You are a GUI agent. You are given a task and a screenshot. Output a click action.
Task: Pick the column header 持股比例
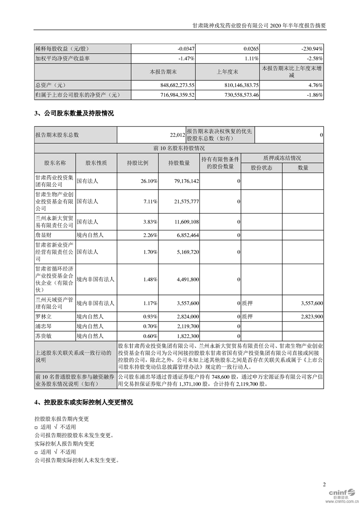point(138,163)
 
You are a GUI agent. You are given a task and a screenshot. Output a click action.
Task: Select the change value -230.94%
point(310,47)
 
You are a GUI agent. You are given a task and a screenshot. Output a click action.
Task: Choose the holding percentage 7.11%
point(149,201)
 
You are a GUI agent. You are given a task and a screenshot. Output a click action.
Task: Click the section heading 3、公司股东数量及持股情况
point(74,113)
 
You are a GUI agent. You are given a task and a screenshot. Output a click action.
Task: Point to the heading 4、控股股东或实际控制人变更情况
point(84,402)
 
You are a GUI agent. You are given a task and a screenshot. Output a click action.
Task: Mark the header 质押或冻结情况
point(282,158)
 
